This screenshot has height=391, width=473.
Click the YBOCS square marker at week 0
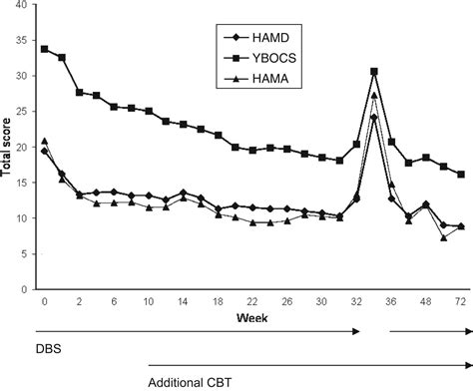[44, 48]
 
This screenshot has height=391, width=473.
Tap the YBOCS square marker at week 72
[460, 174]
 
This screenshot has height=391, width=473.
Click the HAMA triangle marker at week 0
[44, 141]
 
